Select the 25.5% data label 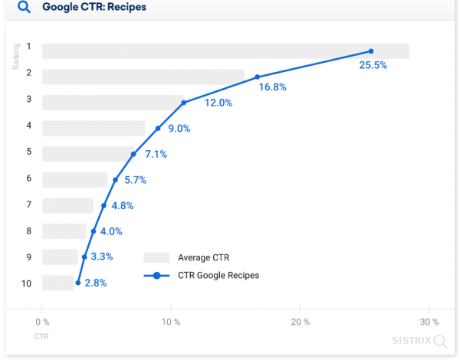[373, 65]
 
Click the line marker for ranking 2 [258, 77]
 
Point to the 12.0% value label [217, 103]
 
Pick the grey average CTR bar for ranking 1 [225, 51]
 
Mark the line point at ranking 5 [133, 154]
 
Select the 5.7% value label [135, 180]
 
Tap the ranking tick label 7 [28, 205]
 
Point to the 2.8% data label [96, 283]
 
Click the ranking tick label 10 [27, 283]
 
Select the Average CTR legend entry [203, 257]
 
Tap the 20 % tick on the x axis [301, 322]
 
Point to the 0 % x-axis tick [42, 322]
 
